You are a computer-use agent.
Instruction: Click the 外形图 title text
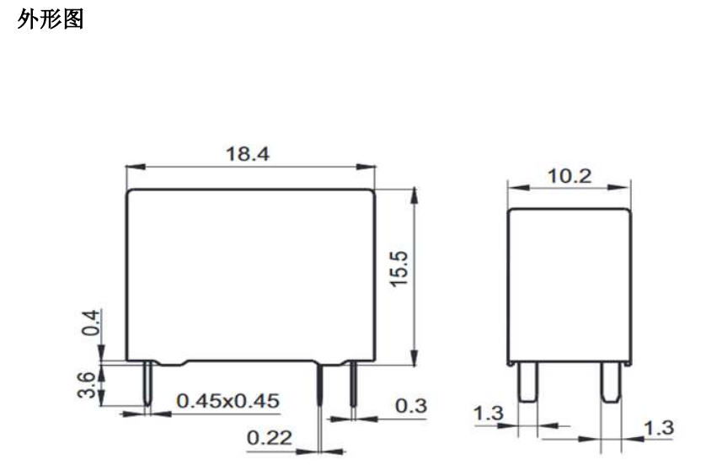(51, 19)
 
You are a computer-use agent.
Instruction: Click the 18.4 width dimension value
(248, 154)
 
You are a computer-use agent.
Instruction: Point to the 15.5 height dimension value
(398, 269)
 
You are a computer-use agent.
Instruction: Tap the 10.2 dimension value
(570, 176)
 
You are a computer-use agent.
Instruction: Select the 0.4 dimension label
(90, 323)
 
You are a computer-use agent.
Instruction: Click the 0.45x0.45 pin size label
(228, 401)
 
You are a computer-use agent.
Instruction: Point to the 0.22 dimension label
(270, 437)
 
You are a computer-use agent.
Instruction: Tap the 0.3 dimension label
(411, 405)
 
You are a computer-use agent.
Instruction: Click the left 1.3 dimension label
(489, 413)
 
